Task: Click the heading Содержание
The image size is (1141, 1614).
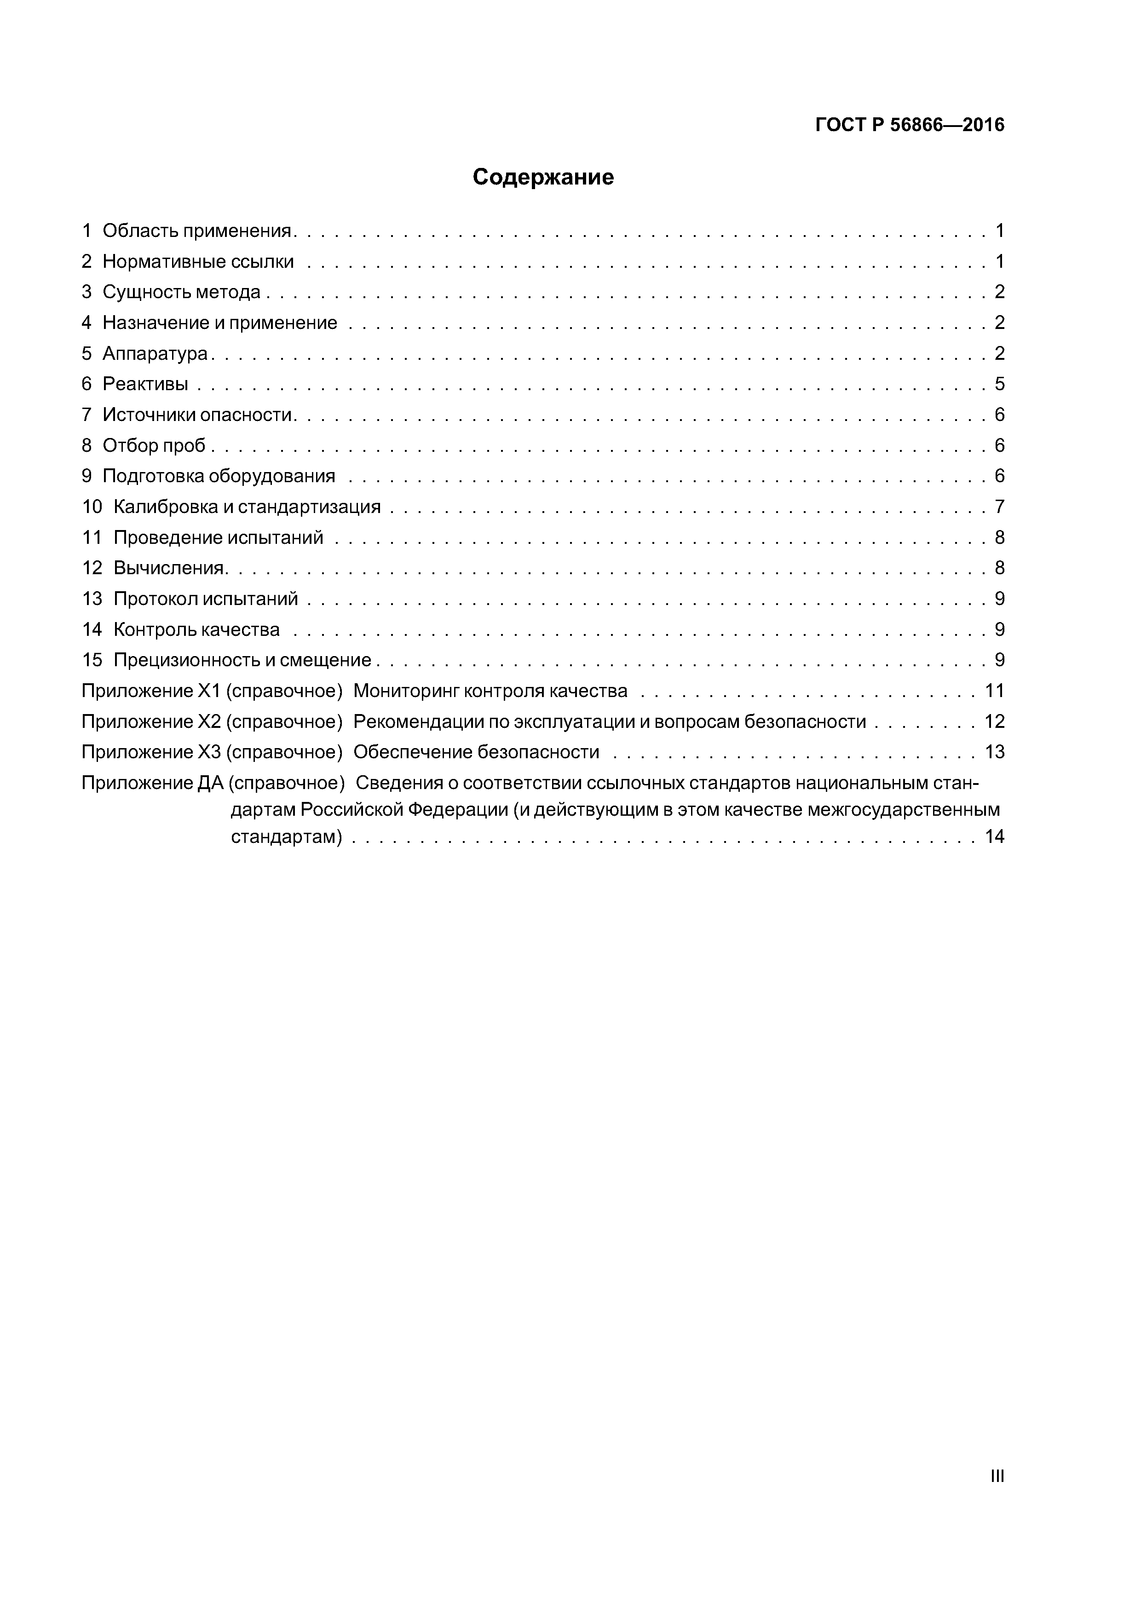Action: click(543, 177)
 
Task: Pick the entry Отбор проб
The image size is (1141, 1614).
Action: click(154, 446)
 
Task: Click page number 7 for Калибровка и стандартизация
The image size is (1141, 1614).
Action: click(999, 507)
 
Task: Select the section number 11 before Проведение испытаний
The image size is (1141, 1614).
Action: click(92, 538)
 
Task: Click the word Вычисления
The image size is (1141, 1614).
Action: click(169, 568)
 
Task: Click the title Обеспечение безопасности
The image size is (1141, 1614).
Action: click(476, 752)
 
